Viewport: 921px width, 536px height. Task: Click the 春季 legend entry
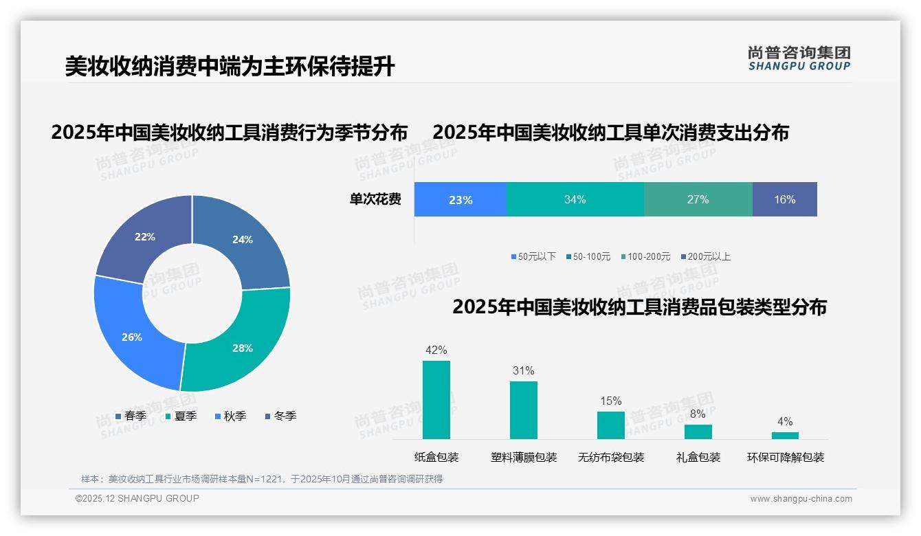click(x=131, y=416)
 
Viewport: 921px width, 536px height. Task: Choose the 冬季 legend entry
click(x=280, y=416)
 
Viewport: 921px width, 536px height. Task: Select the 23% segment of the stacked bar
click(x=460, y=200)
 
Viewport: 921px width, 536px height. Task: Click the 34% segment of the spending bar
click(x=575, y=200)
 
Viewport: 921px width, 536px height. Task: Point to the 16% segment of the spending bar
click(x=784, y=200)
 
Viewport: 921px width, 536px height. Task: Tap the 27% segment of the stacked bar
click(x=698, y=200)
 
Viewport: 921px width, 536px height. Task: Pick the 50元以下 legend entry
click(x=533, y=257)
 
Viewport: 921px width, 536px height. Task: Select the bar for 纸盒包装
click(x=436, y=400)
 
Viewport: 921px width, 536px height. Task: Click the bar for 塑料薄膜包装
click(x=524, y=410)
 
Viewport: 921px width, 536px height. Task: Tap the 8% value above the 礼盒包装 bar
click(x=698, y=414)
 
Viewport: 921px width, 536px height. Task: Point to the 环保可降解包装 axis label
click(x=786, y=458)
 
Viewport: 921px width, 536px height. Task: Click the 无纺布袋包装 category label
click(x=611, y=458)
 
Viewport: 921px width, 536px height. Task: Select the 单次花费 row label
click(x=375, y=200)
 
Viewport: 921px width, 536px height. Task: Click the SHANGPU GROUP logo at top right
click(x=799, y=58)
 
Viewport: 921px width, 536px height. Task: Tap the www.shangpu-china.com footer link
click(x=801, y=499)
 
